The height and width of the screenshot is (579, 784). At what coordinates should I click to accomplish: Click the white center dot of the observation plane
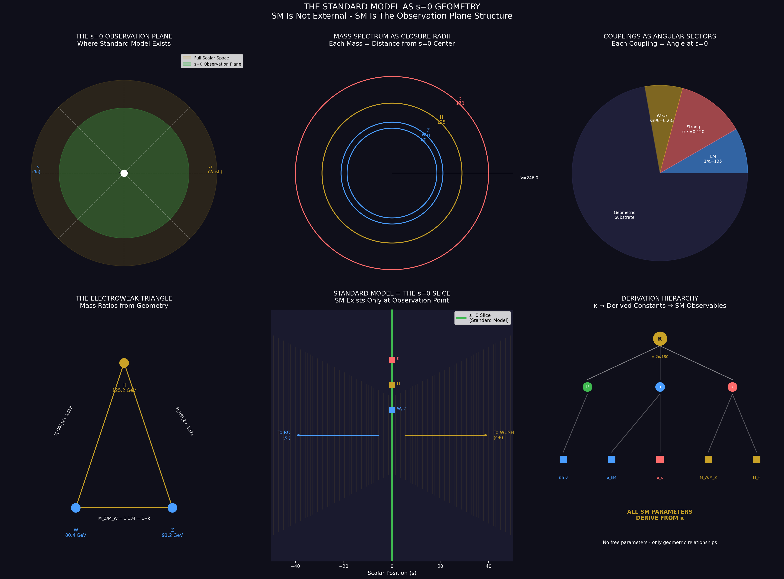(124, 173)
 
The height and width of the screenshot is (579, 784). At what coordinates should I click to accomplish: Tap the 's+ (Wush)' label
(215, 170)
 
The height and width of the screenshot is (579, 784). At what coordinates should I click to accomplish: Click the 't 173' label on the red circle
(460, 101)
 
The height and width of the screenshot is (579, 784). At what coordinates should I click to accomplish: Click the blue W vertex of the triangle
(76, 508)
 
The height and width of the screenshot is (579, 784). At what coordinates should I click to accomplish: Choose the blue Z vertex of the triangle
(172, 508)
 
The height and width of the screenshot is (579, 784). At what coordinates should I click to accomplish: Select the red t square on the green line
(392, 359)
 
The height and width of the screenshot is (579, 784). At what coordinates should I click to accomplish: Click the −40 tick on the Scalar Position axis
(295, 566)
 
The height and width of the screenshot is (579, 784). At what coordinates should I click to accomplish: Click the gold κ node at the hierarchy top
(660, 339)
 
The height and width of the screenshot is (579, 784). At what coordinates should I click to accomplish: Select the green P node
(587, 387)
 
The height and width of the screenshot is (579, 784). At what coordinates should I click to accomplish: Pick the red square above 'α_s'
(660, 459)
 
